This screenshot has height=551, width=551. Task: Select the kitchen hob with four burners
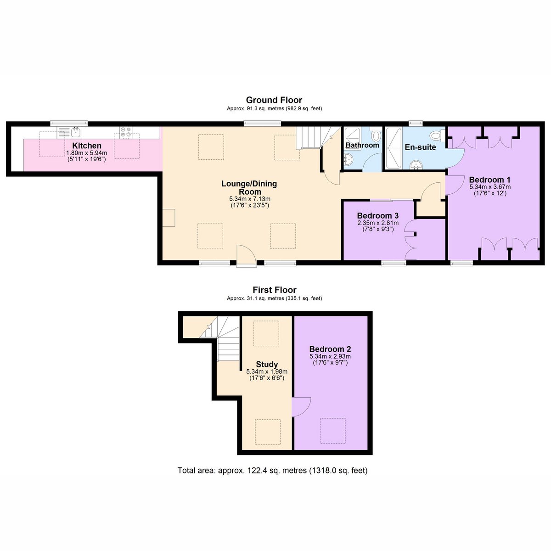(126, 132)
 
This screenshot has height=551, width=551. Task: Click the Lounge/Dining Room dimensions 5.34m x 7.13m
(250, 198)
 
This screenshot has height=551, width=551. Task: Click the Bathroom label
(362, 145)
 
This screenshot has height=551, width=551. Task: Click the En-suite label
(420, 147)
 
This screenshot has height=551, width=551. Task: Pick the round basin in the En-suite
(416, 165)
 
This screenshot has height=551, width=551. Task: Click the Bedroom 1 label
(490, 180)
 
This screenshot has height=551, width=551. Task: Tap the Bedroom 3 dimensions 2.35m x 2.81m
(378, 223)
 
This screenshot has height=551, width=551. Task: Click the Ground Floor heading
(274, 100)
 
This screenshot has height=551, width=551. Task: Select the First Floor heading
(275, 290)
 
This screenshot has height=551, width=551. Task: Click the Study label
(267, 364)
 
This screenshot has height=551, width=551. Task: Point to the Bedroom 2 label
(330, 349)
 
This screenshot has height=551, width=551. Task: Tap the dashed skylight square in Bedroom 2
(332, 431)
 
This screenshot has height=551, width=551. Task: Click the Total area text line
(272, 470)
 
